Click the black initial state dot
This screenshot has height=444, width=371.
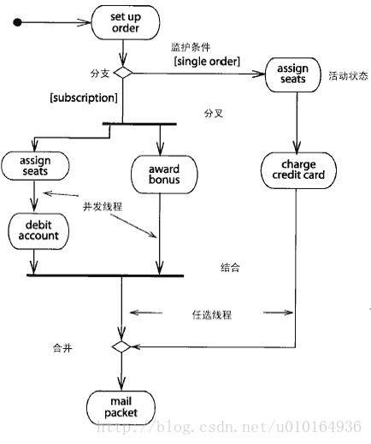(17, 22)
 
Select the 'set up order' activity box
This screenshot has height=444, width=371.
(126, 22)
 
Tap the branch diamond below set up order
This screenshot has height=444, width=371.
(123, 73)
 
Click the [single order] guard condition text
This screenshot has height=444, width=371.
(207, 62)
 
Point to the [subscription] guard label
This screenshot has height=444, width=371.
(84, 98)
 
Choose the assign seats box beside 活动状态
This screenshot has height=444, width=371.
(292, 74)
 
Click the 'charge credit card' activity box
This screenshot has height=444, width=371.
(298, 170)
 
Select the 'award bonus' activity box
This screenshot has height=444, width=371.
(164, 175)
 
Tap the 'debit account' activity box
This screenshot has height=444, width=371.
(38, 231)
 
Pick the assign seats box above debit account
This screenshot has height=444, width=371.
(35, 166)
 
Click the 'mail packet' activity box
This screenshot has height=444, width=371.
(121, 407)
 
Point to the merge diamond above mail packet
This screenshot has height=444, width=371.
(121, 346)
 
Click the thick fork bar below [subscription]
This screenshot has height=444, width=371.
(139, 124)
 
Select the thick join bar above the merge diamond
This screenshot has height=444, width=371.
(105, 275)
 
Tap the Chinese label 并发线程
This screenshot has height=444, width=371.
(103, 206)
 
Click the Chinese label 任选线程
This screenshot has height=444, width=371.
(212, 315)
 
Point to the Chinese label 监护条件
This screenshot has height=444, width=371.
(191, 47)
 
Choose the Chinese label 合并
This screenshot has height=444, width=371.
(62, 348)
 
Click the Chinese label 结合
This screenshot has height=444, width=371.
(230, 268)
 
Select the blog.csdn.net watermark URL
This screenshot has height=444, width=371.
(229, 427)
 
